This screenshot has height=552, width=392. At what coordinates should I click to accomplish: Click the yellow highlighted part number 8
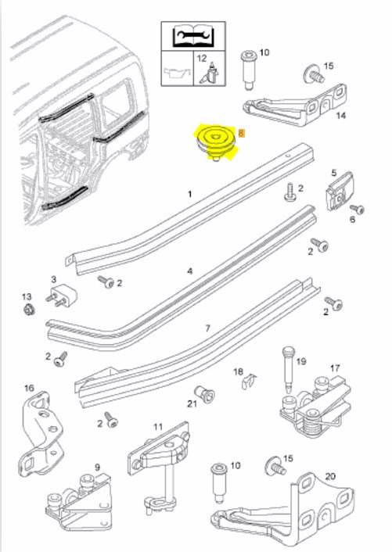tap(241, 134)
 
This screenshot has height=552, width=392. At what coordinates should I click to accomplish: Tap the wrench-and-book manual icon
tap(193, 36)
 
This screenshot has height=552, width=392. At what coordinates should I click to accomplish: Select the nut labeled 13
tap(29, 310)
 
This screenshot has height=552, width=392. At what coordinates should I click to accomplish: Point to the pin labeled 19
tap(288, 370)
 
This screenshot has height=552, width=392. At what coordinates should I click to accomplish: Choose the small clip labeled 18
tap(250, 381)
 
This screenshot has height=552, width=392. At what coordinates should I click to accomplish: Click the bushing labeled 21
tap(205, 392)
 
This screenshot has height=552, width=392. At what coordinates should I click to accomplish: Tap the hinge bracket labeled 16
tap(41, 434)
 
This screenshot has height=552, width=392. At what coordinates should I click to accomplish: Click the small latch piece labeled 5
tap(339, 192)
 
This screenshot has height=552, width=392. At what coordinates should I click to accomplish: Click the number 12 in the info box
tap(202, 59)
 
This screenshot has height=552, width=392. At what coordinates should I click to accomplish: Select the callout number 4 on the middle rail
tap(190, 271)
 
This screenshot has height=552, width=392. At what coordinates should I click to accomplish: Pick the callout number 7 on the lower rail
tap(208, 328)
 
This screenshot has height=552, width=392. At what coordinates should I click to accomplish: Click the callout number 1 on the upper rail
tap(190, 194)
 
